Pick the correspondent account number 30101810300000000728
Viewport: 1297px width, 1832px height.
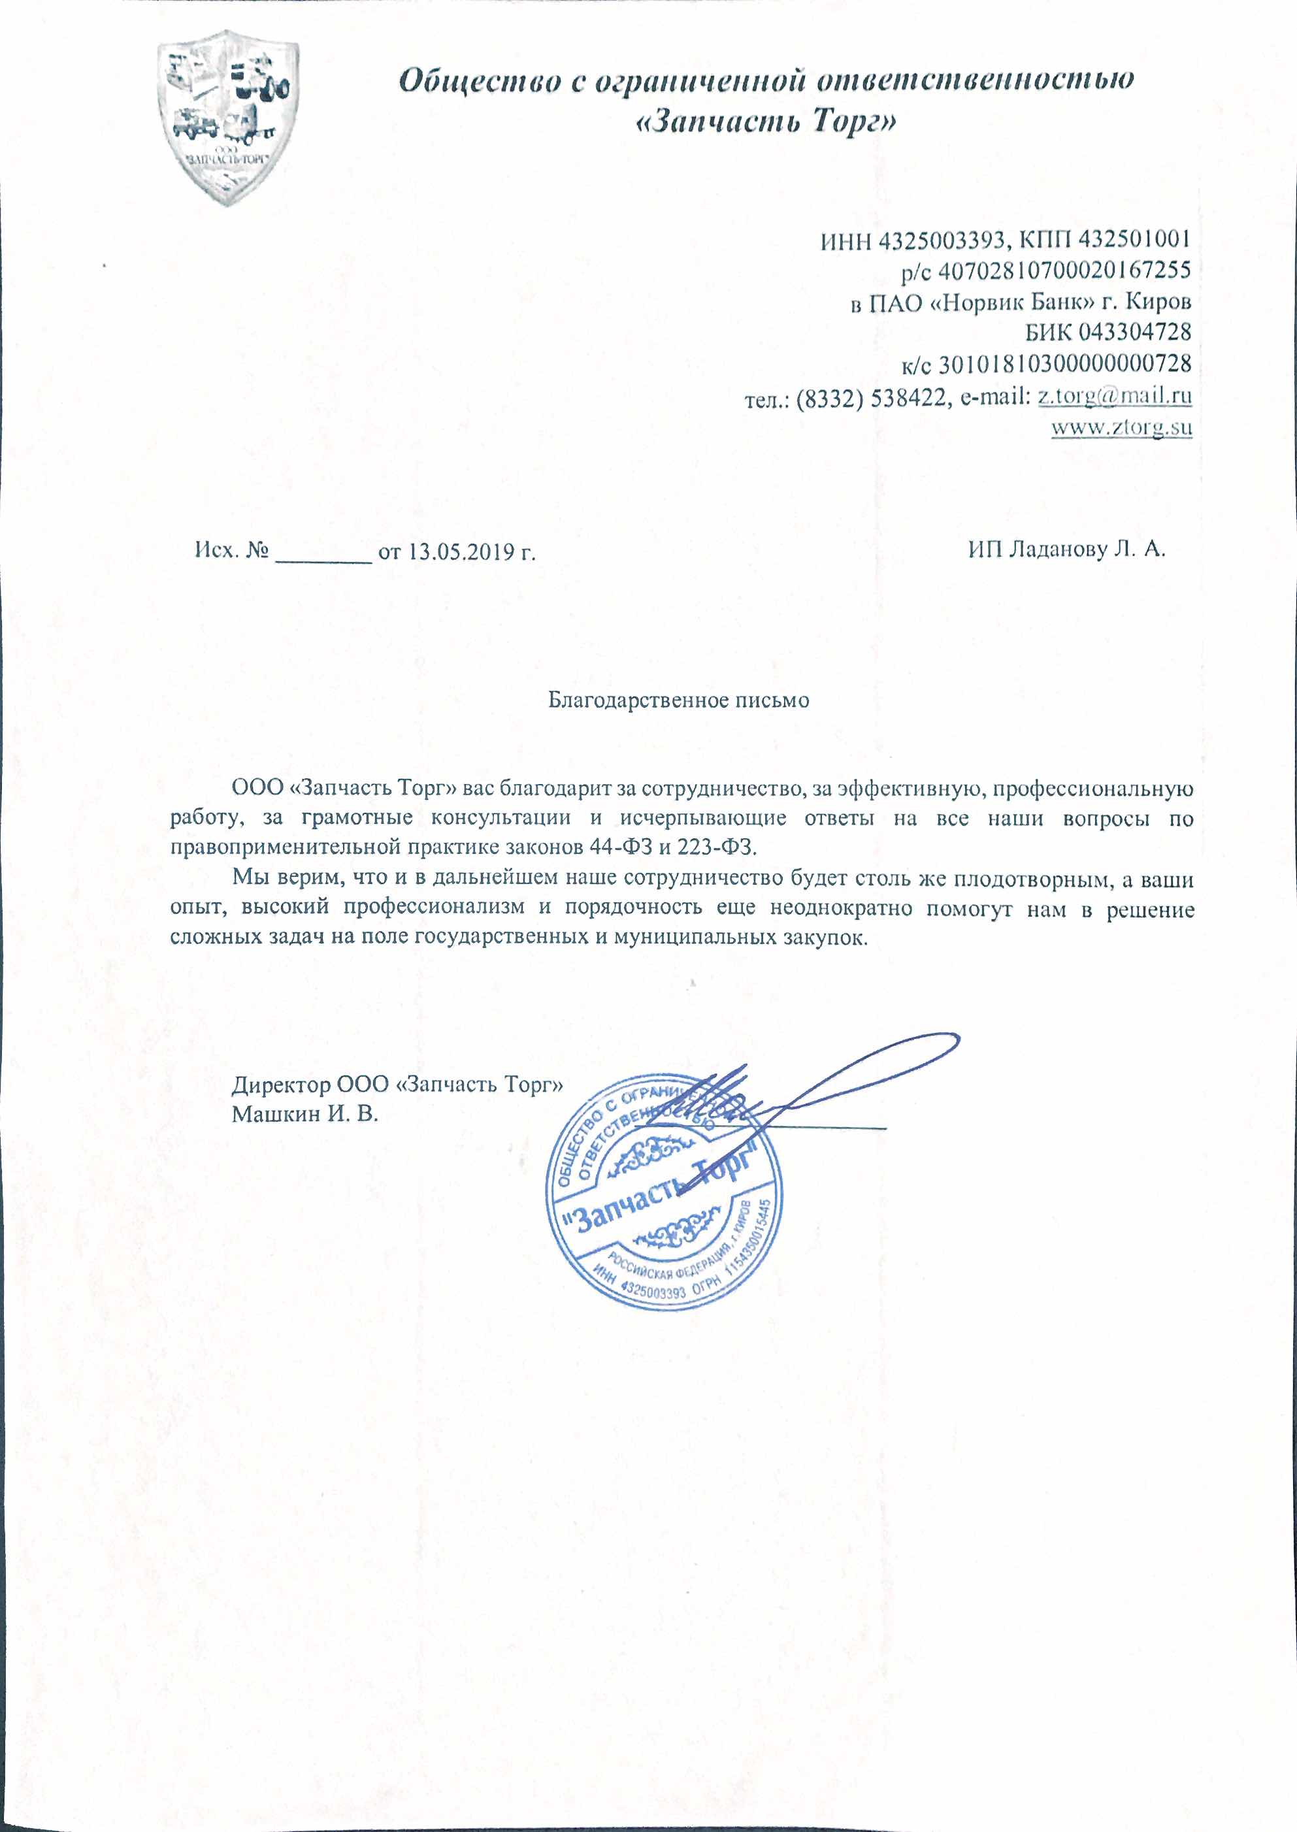(x=1064, y=364)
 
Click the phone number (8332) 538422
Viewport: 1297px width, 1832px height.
(x=870, y=397)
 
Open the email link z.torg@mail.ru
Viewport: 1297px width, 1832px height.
(x=1114, y=396)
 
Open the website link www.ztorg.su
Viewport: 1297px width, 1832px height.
(x=1121, y=427)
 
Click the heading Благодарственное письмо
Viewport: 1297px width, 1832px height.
(x=678, y=700)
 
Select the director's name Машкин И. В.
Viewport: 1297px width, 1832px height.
(x=304, y=1114)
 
